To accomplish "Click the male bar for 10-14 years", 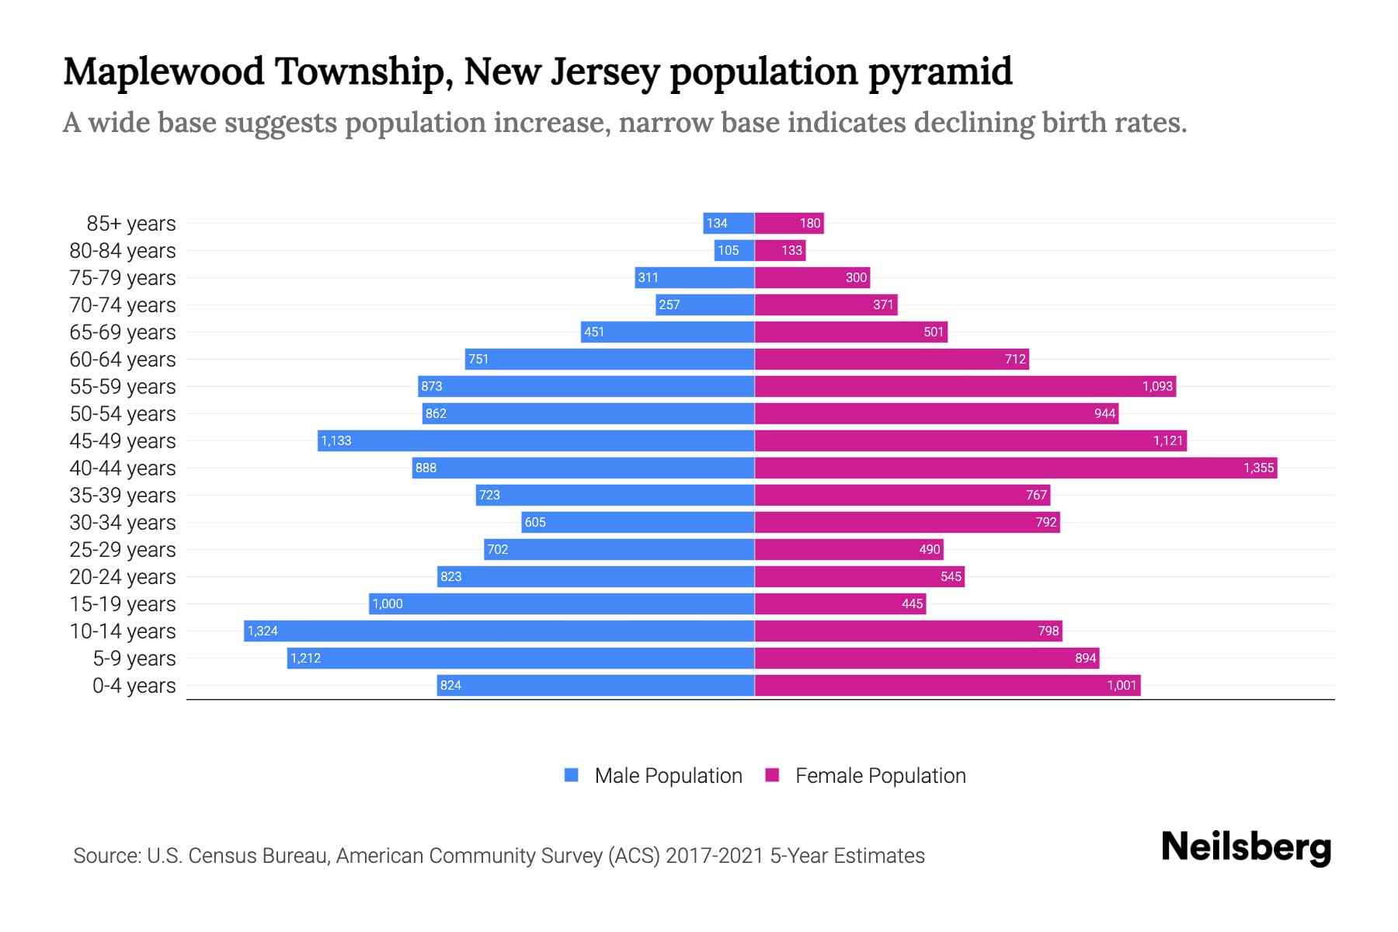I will [x=499, y=631].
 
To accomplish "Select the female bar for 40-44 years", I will [x=1015, y=468].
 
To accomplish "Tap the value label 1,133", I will [x=336, y=440].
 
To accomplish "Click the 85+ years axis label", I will [x=130, y=224].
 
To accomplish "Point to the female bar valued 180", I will [x=788, y=223].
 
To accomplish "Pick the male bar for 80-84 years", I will [x=734, y=250].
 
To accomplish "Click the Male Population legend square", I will [x=572, y=775].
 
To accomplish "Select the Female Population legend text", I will [x=880, y=775].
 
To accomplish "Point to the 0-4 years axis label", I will [x=134, y=686].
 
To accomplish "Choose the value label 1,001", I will [x=1122, y=685].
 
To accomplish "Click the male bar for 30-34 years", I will [x=637, y=522].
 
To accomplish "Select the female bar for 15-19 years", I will [x=840, y=603].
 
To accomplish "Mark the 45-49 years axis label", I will [x=123, y=441].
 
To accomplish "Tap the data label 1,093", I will [x=1156, y=386].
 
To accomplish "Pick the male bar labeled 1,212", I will [x=520, y=658].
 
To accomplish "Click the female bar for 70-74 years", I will [x=826, y=304].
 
